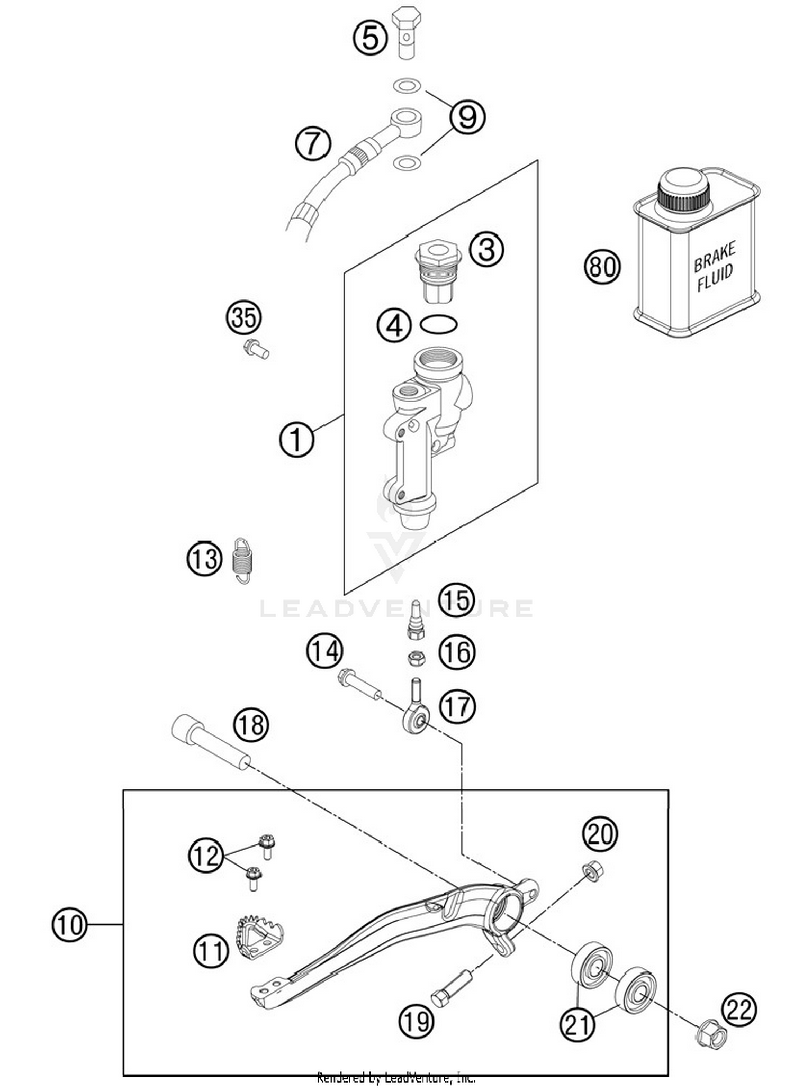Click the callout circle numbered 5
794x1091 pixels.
(x=370, y=38)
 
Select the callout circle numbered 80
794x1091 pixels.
(x=602, y=266)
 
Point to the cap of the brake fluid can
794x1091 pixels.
(x=683, y=191)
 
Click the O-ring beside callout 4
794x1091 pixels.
(x=438, y=324)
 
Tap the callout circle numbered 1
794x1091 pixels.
(x=296, y=440)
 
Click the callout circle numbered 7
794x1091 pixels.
(x=313, y=143)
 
